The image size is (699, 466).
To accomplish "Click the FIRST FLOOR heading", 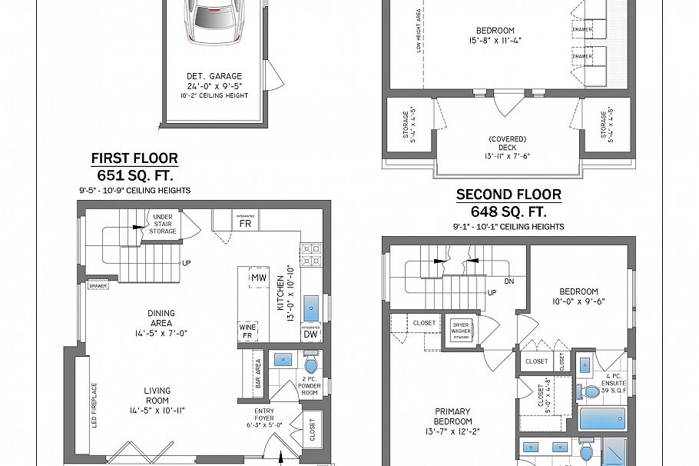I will click(134, 158).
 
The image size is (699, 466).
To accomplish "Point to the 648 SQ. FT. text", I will click(509, 211).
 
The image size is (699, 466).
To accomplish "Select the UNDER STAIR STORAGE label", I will click(163, 225).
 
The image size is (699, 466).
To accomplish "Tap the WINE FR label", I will click(247, 331).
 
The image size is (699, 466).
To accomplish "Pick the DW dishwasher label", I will click(311, 334).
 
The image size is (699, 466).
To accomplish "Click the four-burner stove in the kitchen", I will click(311, 254).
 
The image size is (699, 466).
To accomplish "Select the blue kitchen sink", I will click(312, 308).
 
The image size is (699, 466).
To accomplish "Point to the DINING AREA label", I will click(161, 318).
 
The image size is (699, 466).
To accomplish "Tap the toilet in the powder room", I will click(311, 364).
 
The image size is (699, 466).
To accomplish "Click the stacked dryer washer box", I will click(461, 328).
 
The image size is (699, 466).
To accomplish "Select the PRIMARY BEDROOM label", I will click(452, 416).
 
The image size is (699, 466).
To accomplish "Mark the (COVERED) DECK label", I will click(508, 143).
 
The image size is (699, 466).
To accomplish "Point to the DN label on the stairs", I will click(509, 281).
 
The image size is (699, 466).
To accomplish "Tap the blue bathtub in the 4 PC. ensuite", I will click(601, 419).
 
